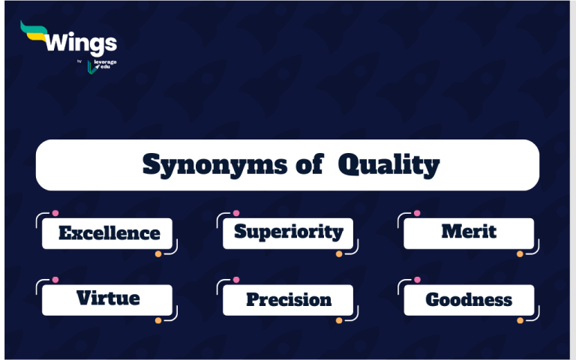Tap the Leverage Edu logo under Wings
pyautogui.click(x=101, y=66)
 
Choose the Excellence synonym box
pyautogui.click(x=107, y=233)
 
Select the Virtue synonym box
pyautogui.click(x=107, y=299)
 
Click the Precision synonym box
pyautogui.click(x=288, y=300)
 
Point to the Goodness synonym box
pyautogui.click(x=469, y=300)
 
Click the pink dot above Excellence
pyautogui.click(x=55, y=213)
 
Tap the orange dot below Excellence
pyautogui.click(x=158, y=254)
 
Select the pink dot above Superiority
pyautogui.click(x=236, y=213)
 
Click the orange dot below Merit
pyautogui.click(x=520, y=254)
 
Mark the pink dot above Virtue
pyautogui.click(x=55, y=279)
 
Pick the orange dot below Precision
pyautogui.click(x=339, y=320)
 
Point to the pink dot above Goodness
pyautogui.click(x=417, y=279)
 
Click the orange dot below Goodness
pyautogui.click(x=520, y=320)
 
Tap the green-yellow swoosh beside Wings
pyautogui.click(x=33, y=30)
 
